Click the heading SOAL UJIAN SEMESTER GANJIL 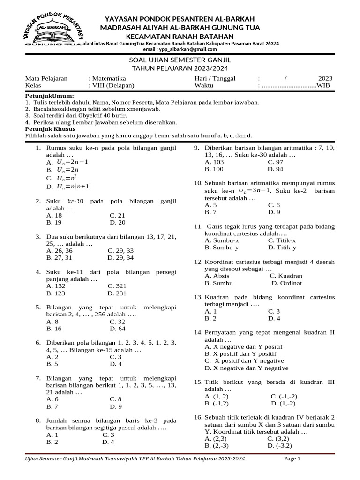pos(180,61)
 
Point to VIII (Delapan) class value pos(113,86)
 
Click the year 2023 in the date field pos(325,78)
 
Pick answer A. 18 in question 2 pos(55,216)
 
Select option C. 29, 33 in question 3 pos(120,251)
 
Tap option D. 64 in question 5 pos(117,329)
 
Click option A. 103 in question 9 pos(214,162)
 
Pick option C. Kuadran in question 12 pos(286,276)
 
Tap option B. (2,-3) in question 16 pos(217,445)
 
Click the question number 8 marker pos(38,420)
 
